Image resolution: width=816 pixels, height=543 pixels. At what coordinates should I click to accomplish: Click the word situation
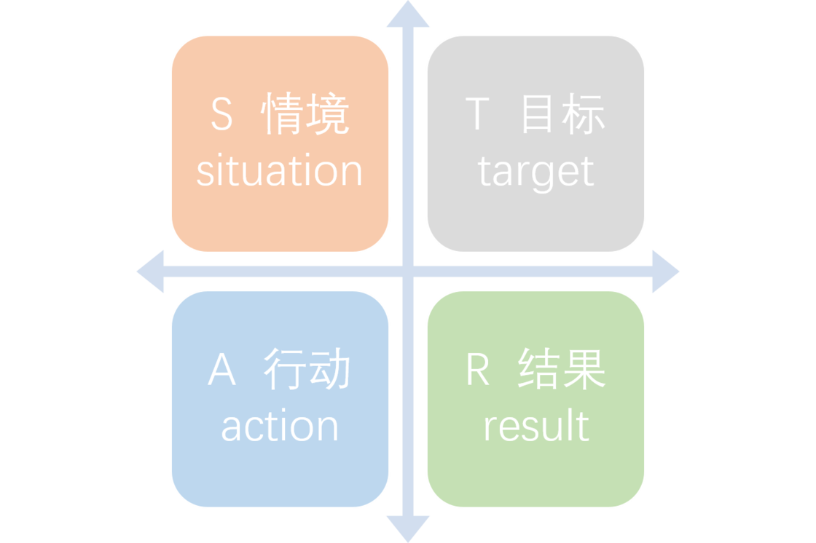click(x=280, y=171)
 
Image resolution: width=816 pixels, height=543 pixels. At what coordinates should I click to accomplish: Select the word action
click(x=280, y=427)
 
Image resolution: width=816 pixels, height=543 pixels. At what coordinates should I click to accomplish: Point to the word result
click(x=535, y=426)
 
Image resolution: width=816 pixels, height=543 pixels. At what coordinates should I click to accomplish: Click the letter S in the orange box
click(x=222, y=115)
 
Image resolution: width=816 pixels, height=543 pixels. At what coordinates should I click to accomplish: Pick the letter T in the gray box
click(x=476, y=115)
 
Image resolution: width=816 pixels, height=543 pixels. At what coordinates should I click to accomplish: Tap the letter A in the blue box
click(x=222, y=370)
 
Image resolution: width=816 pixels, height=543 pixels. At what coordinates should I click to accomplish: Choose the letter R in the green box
click(x=477, y=370)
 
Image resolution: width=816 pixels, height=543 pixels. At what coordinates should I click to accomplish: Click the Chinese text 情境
click(x=306, y=115)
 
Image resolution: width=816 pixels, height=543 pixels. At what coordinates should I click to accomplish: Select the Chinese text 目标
click(x=562, y=115)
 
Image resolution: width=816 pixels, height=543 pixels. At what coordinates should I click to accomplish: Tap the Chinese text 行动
click(x=307, y=370)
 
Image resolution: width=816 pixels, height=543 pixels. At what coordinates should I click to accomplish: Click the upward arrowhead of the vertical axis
click(x=408, y=15)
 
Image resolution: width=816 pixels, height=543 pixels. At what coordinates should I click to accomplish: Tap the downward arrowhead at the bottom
click(x=408, y=528)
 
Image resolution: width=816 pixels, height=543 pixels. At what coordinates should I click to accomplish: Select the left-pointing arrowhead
click(x=150, y=271)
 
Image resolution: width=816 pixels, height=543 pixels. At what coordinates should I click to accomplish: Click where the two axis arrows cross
click(x=408, y=271)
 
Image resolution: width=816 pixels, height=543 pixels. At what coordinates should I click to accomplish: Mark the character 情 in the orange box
click(x=283, y=115)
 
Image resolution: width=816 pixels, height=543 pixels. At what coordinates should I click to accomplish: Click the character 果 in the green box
click(x=584, y=370)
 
